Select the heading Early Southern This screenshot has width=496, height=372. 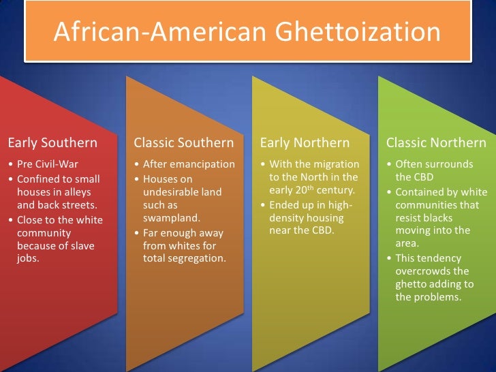[52, 143]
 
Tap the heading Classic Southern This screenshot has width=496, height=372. [184, 143]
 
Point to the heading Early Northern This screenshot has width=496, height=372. [305, 143]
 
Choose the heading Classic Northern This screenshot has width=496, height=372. [436, 143]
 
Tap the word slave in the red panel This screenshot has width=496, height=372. [82, 245]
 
